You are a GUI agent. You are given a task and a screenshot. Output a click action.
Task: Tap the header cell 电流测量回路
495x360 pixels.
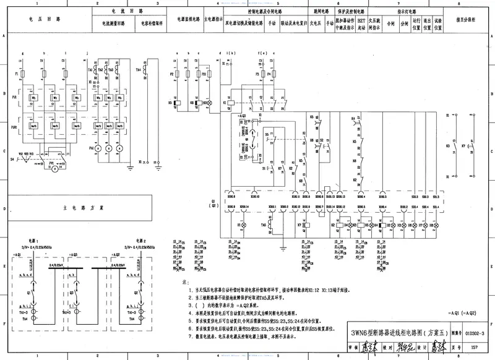pos(113,24)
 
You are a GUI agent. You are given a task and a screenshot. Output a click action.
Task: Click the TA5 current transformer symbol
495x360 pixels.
pos(271,226)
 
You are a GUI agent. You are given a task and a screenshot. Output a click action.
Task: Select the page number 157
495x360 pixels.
pos(474,349)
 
